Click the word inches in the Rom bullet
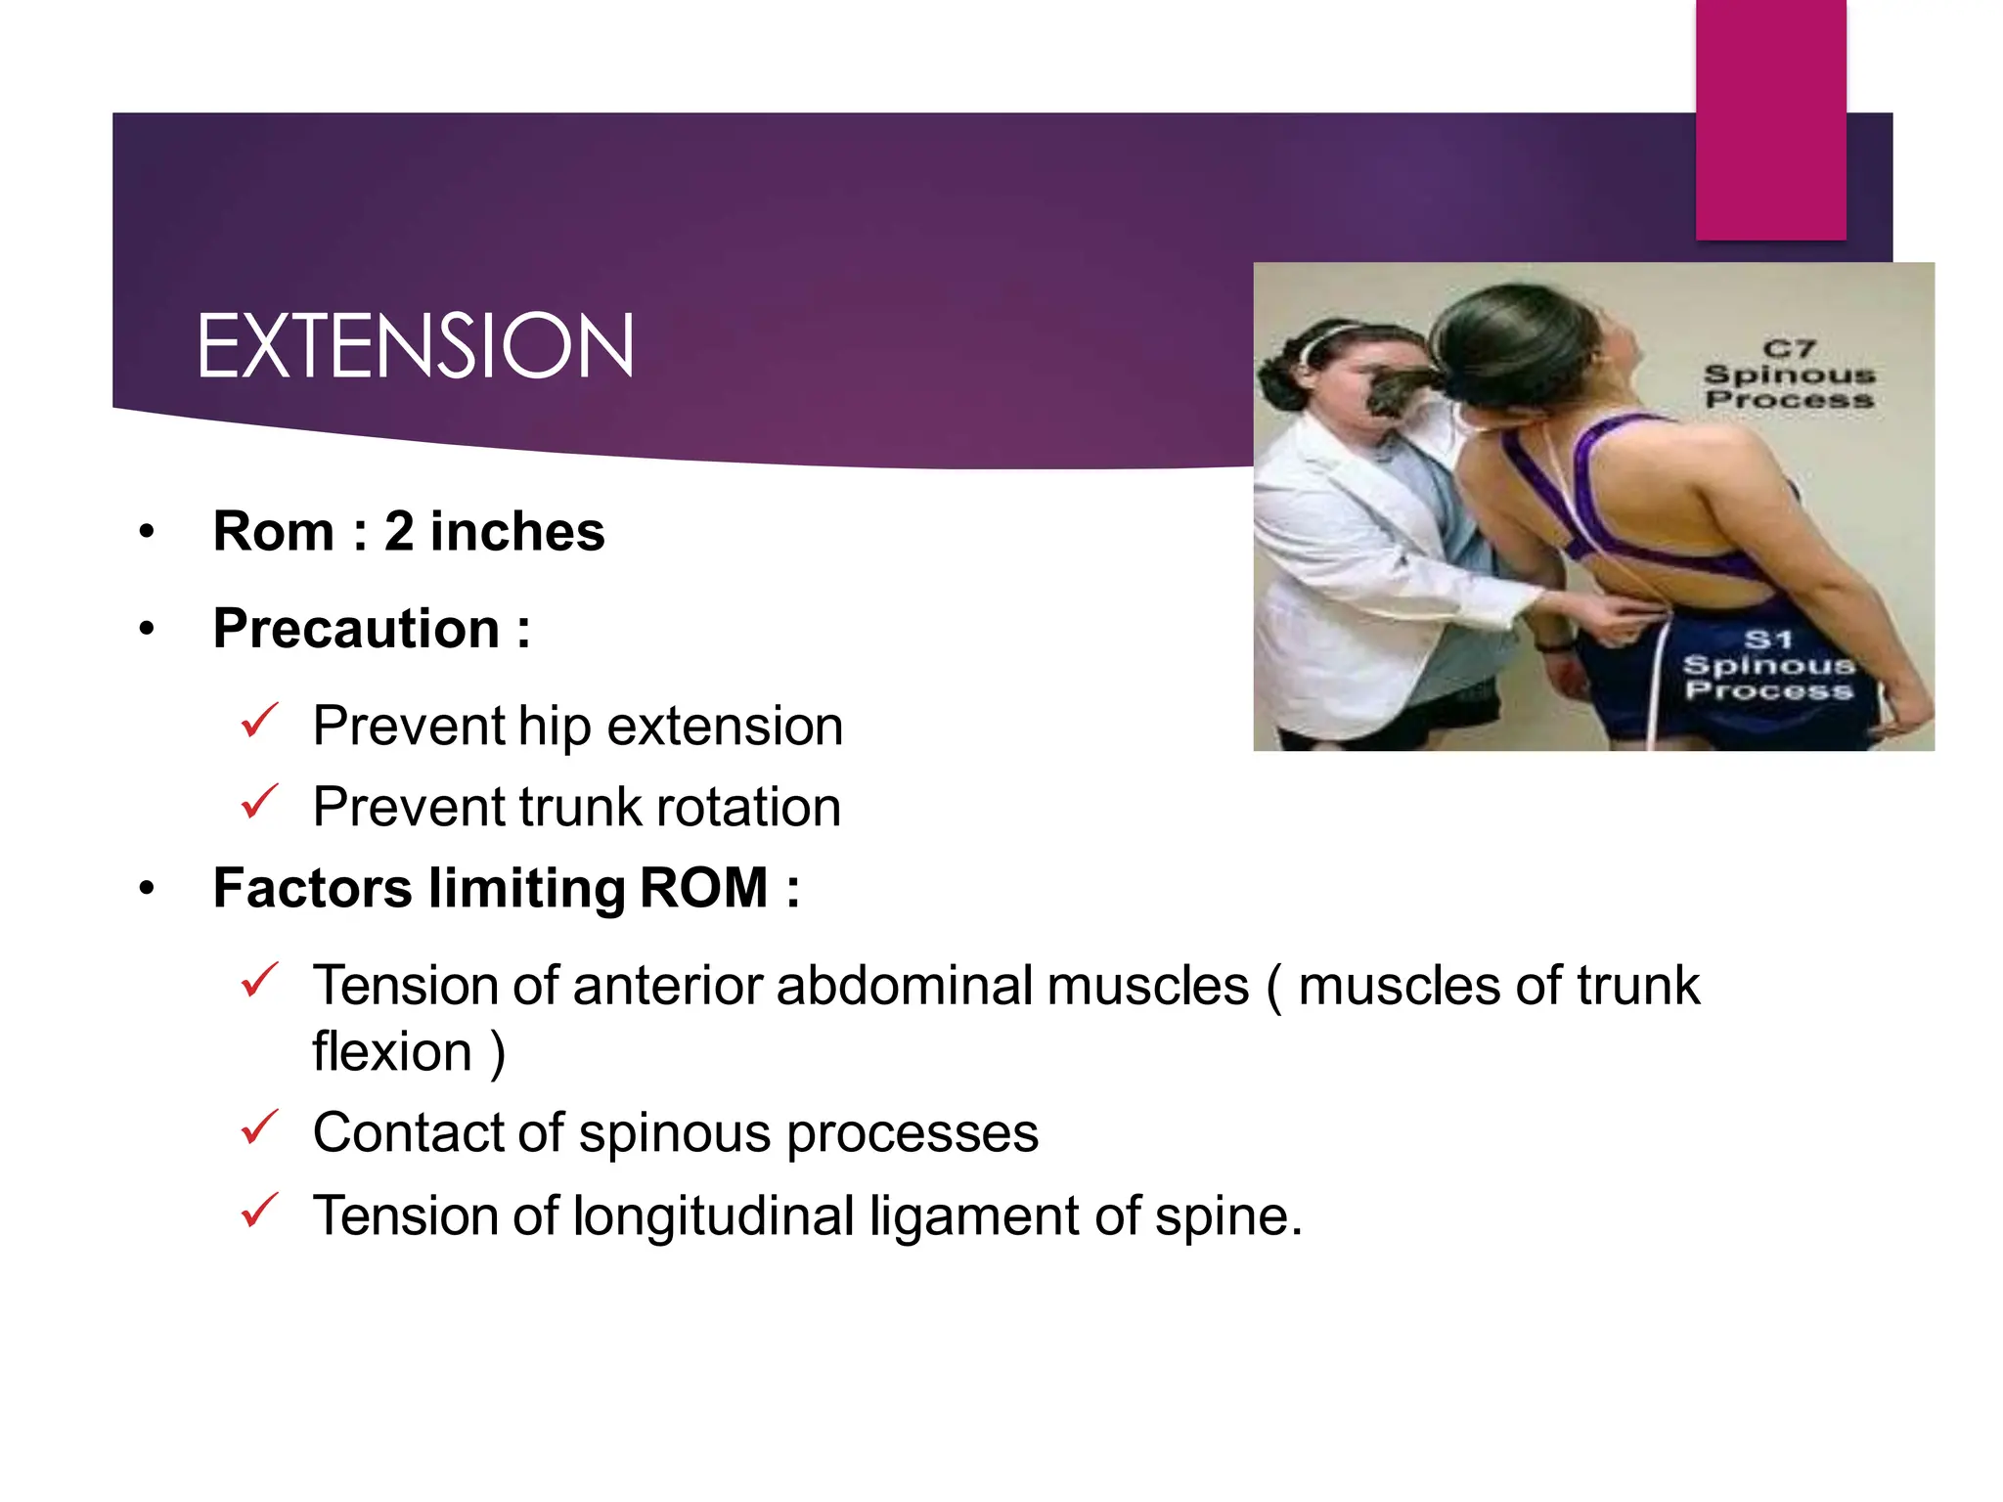tap(517, 532)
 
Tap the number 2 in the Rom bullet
tap(399, 532)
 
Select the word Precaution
tap(356, 629)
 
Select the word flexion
tap(391, 1052)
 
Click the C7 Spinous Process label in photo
tap(1789, 375)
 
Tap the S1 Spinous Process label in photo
tap(1768, 665)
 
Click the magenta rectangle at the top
tap(1770, 117)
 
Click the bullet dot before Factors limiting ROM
tap(147, 889)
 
